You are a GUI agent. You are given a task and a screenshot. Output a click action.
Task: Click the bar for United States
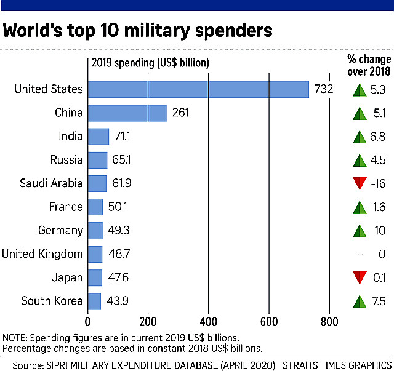click(198, 89)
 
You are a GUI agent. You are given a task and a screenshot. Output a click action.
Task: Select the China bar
click(127, 113)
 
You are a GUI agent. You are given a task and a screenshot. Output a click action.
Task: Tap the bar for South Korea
click(95, 301)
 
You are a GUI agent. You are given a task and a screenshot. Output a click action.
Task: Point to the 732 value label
click(323, 89)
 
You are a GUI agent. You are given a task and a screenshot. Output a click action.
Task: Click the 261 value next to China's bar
click(181, 113)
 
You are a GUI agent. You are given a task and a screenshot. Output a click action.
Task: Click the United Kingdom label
click(42, 254)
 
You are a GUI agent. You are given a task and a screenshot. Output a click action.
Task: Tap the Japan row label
click(68, 277)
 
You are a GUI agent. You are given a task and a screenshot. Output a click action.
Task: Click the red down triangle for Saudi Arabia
click(360, 183)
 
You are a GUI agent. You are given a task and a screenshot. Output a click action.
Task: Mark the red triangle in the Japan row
click(360, 277)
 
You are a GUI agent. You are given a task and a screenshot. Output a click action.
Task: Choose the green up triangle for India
click(360, 136)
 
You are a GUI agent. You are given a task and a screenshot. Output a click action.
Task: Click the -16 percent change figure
click(379, 183)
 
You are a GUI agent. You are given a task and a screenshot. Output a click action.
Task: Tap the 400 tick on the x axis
click(209, 321)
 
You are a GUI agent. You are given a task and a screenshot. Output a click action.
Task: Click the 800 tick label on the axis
click(329, 321)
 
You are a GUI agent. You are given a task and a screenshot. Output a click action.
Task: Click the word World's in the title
click(41, 30)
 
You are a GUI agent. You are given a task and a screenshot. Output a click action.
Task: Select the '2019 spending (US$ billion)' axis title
click(150, 63)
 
